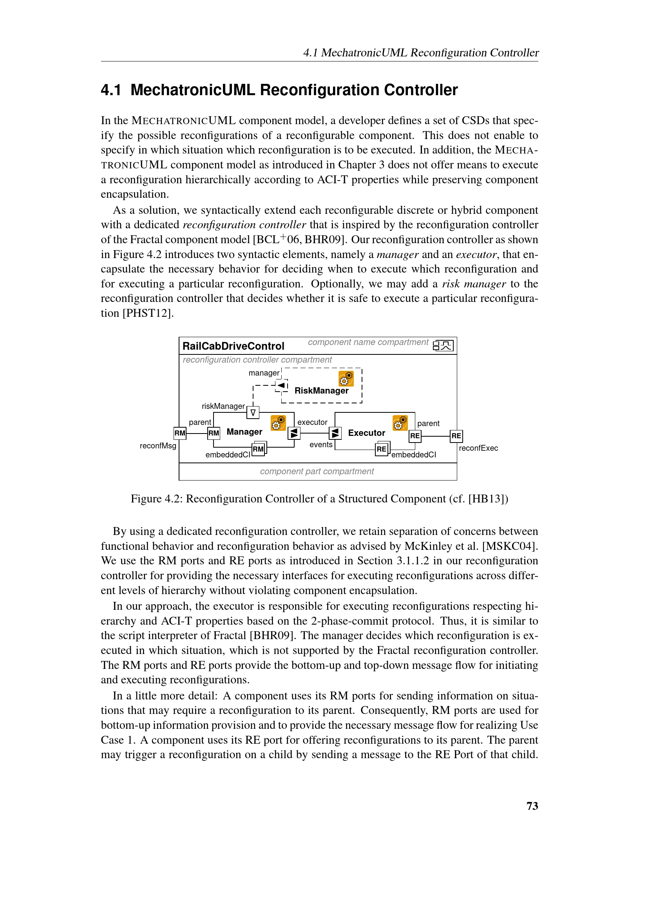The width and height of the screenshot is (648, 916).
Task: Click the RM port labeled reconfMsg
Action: (x=180, y=433)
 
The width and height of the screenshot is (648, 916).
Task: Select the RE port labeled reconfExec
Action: (x=456, y=435)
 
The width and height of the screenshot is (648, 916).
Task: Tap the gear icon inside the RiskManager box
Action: (x=346, y=379)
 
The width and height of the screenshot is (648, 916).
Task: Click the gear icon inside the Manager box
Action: (x=278, y=423)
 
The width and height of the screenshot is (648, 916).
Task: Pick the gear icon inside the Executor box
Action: (x=400, y=423)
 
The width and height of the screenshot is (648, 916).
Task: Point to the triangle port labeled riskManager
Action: (x=253, y=412)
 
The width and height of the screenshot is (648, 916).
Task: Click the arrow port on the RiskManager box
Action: (x=282, y=385)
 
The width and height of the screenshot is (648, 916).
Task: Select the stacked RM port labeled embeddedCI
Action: (x=259, y=449)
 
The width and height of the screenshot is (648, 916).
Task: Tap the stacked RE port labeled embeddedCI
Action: (x=382, y=449)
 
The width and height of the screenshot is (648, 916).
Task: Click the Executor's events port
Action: (x=335, y=433)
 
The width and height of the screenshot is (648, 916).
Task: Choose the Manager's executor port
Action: (x=294, y=433)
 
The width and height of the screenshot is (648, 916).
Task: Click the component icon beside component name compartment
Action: (x=443, y=345)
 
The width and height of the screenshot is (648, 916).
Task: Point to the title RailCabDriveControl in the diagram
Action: (x=233, y=346)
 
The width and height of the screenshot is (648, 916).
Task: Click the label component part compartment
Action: (x=317, y=471)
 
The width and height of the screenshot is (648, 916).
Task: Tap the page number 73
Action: (x=532, y=806)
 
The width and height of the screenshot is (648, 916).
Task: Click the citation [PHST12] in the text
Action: (x=148, y=313)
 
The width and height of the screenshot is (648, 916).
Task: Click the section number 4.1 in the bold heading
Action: (x=111, y=90)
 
